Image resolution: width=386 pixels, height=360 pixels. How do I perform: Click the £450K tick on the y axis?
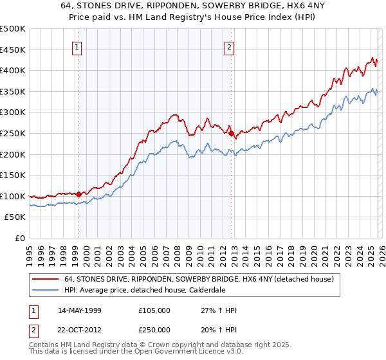(x=13, y=50)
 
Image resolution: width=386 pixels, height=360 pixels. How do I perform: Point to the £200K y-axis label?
(x=13, y=154)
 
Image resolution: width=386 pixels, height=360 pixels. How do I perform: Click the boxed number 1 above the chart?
(x=77, y=46)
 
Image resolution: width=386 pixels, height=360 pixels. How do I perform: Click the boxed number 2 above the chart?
(x=230, y=46)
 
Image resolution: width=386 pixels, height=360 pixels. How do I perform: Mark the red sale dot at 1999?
(x=78, y=194)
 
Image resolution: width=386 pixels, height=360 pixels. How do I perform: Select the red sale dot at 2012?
(x=231, y=133)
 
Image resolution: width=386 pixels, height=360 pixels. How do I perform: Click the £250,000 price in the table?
(x=154, y=328)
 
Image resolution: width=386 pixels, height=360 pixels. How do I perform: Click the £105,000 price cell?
(x=154, y=310)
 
